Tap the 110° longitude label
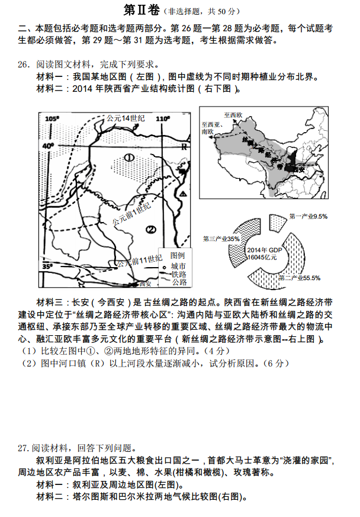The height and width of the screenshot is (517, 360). [x=162, y=119]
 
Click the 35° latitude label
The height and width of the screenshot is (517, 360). [x=47, y=267]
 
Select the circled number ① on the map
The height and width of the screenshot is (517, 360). [x=129, y=157]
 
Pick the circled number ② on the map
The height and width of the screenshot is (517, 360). [x=150, y=230]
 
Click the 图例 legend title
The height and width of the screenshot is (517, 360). [x=178, y=255]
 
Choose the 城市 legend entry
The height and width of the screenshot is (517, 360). [x=178, y=266]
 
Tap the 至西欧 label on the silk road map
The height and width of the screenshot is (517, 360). [x=233, y=114]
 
